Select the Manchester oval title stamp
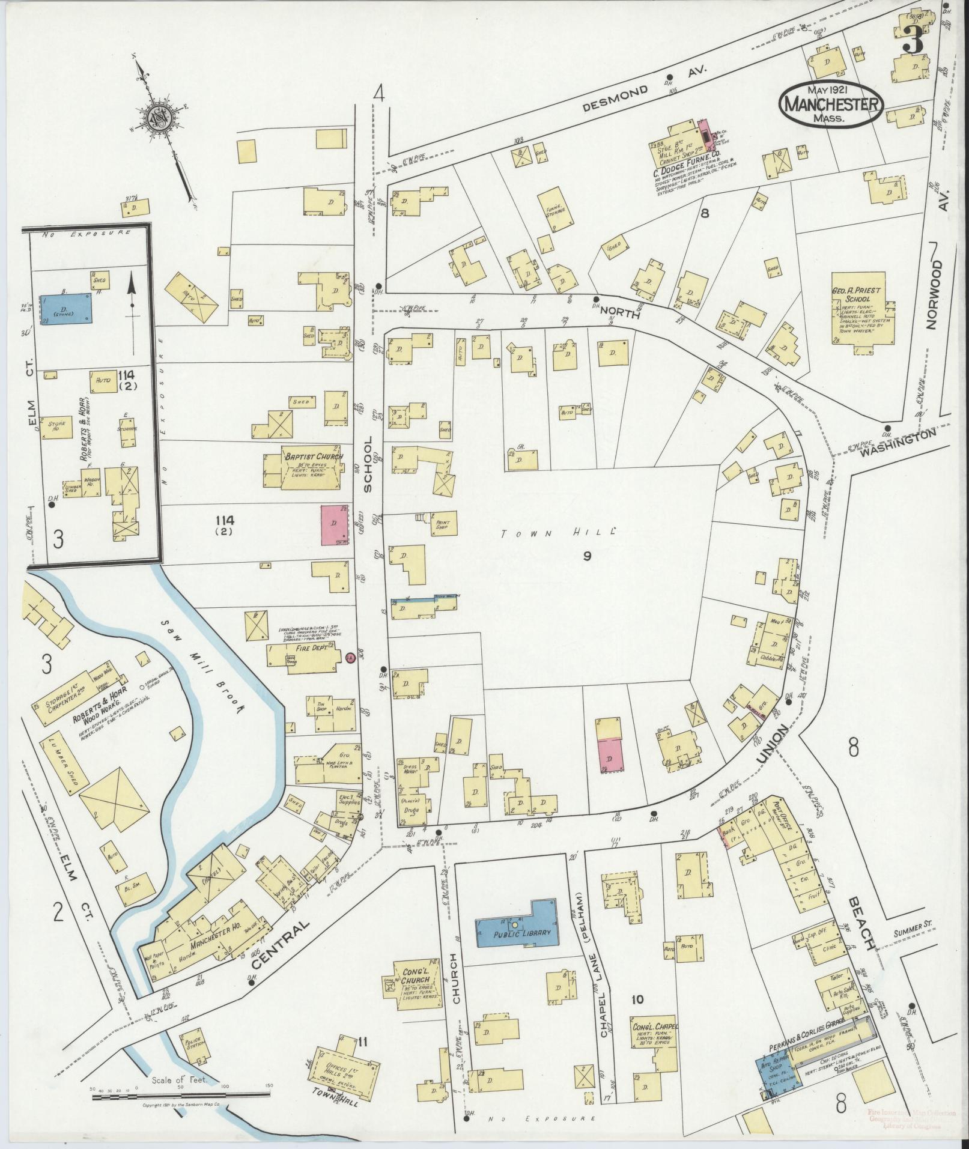click(x=830, y=104)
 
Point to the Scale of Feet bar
click(x=182, y=1096)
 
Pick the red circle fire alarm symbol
click(x=351, y=658)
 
